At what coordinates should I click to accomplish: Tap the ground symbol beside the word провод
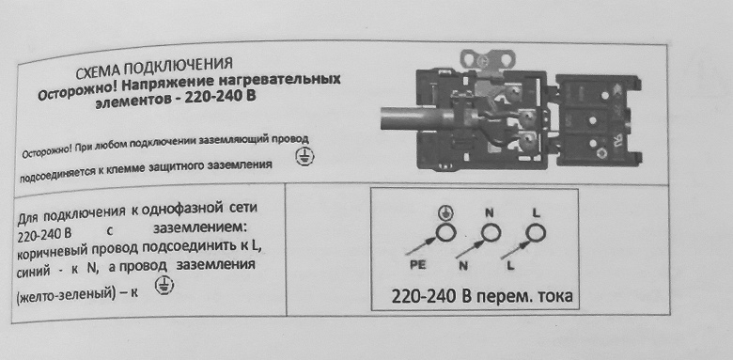coord(303,157)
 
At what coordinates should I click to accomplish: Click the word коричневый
coord(53,252)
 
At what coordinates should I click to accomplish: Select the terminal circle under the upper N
coord(491,232)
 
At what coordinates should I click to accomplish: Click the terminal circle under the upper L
coord(536,232)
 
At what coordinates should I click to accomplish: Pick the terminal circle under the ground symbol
coord(445,232)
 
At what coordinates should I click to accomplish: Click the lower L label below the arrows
coord(509,266)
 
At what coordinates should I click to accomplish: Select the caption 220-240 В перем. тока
coord(481,296)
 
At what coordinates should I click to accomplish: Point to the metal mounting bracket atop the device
coord(488,60)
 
